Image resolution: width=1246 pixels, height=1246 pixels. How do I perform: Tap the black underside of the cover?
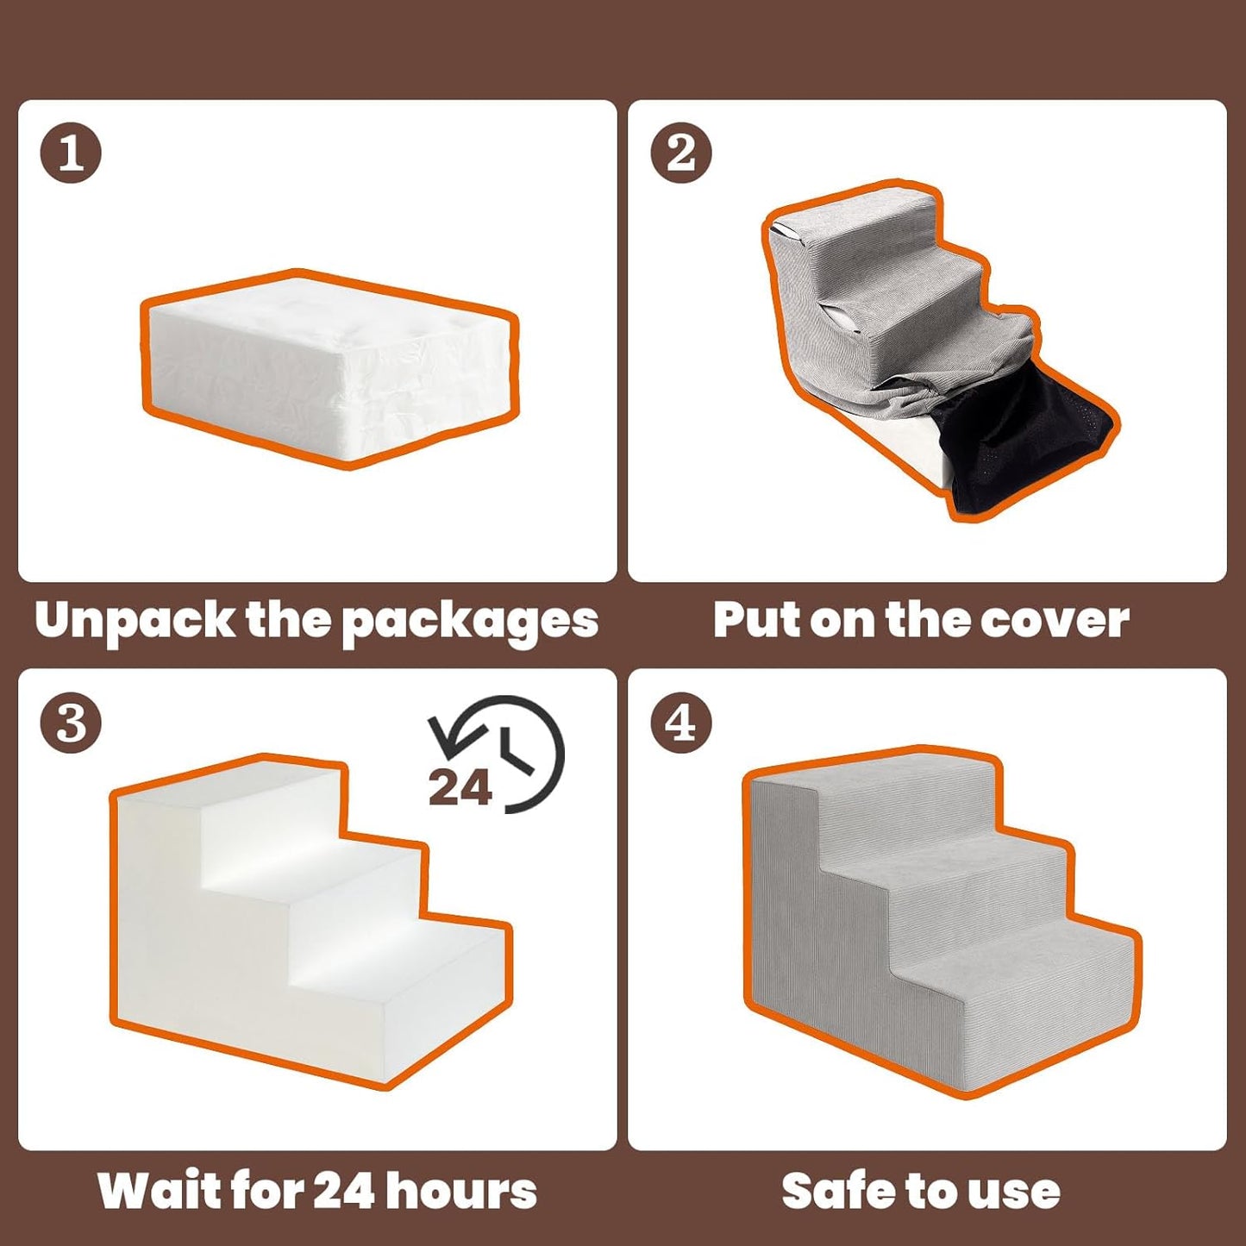coord(1017,448)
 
